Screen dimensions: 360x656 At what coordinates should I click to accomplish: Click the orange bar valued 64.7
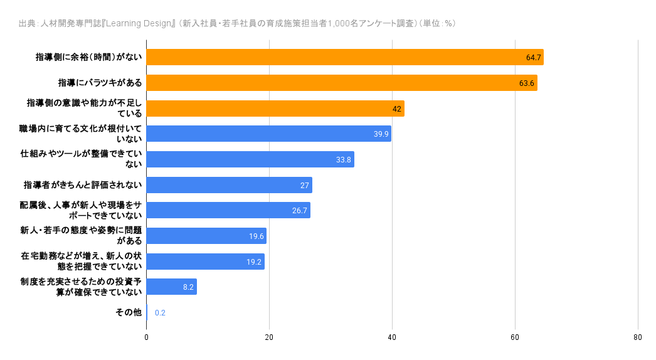click(345, 57)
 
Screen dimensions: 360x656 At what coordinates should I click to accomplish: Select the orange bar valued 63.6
click(342, 83)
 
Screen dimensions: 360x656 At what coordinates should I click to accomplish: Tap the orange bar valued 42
click(275, 109)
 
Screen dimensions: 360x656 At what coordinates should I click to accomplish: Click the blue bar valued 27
click(229, 185)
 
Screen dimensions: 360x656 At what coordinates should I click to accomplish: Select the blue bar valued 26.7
click(228, 210)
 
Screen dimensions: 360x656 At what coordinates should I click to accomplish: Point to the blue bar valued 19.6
click(206, 236)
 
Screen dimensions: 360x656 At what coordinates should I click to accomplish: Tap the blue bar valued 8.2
click(171, 287)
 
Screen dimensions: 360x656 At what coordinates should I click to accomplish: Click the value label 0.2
click(160, 313)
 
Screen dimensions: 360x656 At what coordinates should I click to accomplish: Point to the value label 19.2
click(254, 262)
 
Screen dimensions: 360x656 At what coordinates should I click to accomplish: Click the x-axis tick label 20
click(269, 337)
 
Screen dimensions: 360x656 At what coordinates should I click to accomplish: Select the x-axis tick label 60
click(515, 337)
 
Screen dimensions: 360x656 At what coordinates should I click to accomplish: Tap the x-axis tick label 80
click(638, 337)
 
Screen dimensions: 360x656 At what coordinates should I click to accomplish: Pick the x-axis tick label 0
click(147, 337)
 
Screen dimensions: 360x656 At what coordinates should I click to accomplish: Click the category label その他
click(129, 312)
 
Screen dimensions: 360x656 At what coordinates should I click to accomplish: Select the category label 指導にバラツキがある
click(100, 83)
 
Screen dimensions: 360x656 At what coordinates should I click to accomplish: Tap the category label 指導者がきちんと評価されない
click(83, 185)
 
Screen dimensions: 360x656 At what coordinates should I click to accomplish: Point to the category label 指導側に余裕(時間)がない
click(88, 57)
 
